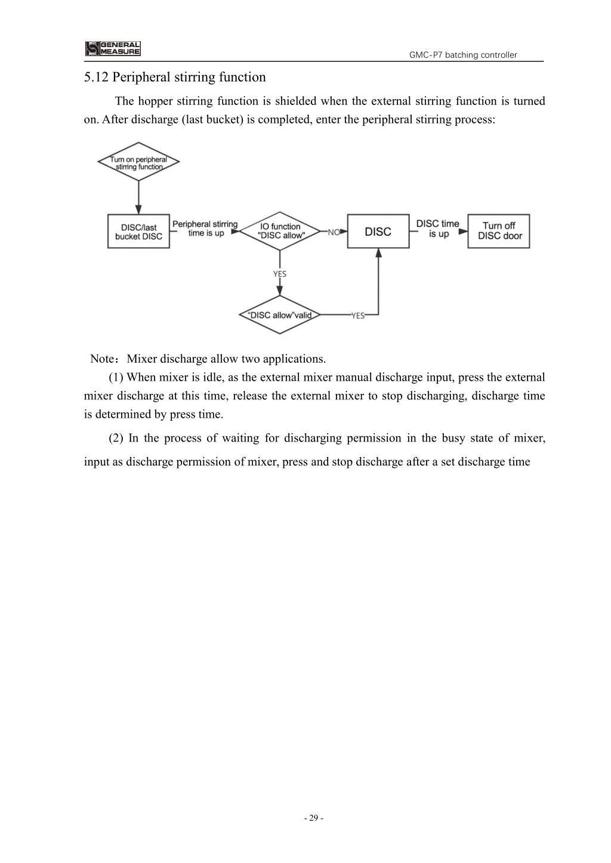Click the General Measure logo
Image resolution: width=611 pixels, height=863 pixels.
point(113,48)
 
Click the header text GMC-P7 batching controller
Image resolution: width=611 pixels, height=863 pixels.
point(462,55)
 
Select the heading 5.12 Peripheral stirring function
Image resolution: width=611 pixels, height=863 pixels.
point(175,77)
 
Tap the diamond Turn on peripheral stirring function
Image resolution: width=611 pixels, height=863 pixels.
point(138,162)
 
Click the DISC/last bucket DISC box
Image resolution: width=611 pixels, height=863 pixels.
point(138,231)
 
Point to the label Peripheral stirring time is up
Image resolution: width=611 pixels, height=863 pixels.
point(205,229)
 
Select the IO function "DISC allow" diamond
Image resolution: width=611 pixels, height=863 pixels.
point(280,231)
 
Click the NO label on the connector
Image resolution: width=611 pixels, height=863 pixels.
point(334,232)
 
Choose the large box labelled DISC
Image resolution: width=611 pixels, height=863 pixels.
point(378,231)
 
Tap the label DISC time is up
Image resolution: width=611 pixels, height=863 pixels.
point(438,229)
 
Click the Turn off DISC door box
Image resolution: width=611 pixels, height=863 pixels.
point(499,231)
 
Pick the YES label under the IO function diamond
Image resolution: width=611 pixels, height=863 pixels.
point(280,274)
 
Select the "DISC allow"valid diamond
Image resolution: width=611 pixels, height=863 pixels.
point(280,315)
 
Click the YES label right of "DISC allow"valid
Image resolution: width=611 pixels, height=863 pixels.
point(358,316)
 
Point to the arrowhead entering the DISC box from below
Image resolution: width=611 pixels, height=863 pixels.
point(379,252)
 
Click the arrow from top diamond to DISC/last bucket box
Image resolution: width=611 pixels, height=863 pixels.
point(138,198)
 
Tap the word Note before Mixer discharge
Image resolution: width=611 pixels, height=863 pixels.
point(102,359)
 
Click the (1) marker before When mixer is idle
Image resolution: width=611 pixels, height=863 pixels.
point(116,378)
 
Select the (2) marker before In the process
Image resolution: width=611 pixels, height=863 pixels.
point(116,439)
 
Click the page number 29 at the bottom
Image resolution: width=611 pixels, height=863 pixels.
point(314,818)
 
